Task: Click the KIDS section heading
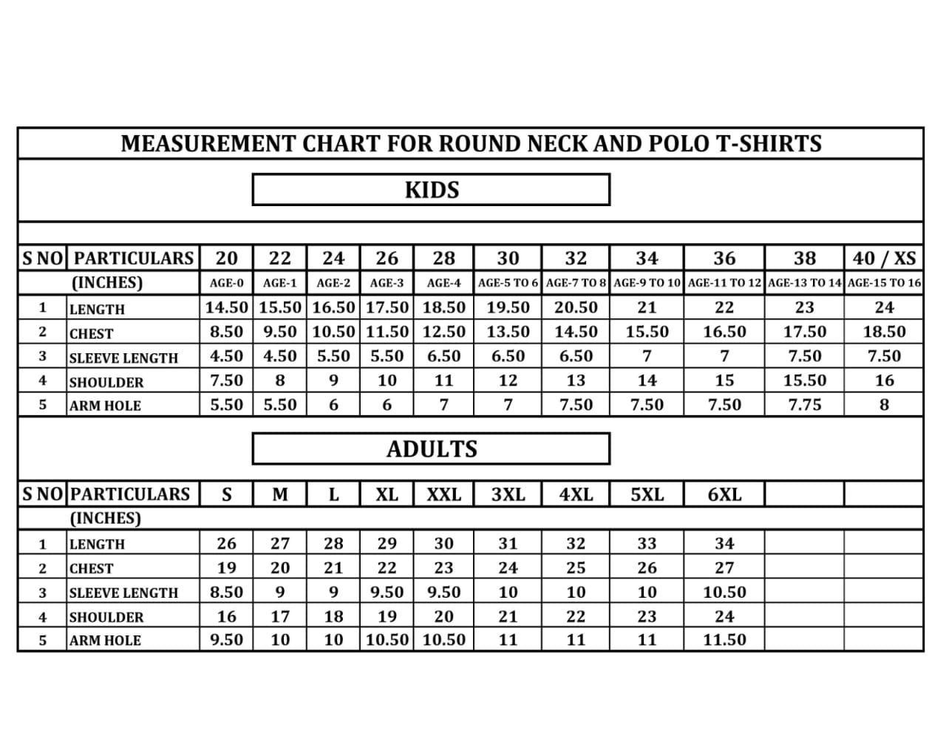[x=432, y=190]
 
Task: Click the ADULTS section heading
[x=432, y=448]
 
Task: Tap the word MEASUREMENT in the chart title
[x=209, y=143]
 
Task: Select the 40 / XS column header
[x=884, y=258]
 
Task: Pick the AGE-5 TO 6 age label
[x=508, y=283]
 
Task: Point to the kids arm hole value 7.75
[x=804, y=405]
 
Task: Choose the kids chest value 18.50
[x=884, y=332]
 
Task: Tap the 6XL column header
[x=724, y=494]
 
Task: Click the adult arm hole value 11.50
[x=724, y=640]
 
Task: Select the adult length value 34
[x=724, y=544]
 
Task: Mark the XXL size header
[x=443, y=494]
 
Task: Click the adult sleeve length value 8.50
[x=226, y=592]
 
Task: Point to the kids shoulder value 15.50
[x=804, y=381]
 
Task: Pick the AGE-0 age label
[x=226, y=283]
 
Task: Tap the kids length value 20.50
[x=576, y=307]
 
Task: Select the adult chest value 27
[x=724, y=568]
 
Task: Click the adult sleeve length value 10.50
[x=724, y=592]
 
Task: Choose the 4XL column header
[x=576, y=494]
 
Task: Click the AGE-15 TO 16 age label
[x=884, y=283]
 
